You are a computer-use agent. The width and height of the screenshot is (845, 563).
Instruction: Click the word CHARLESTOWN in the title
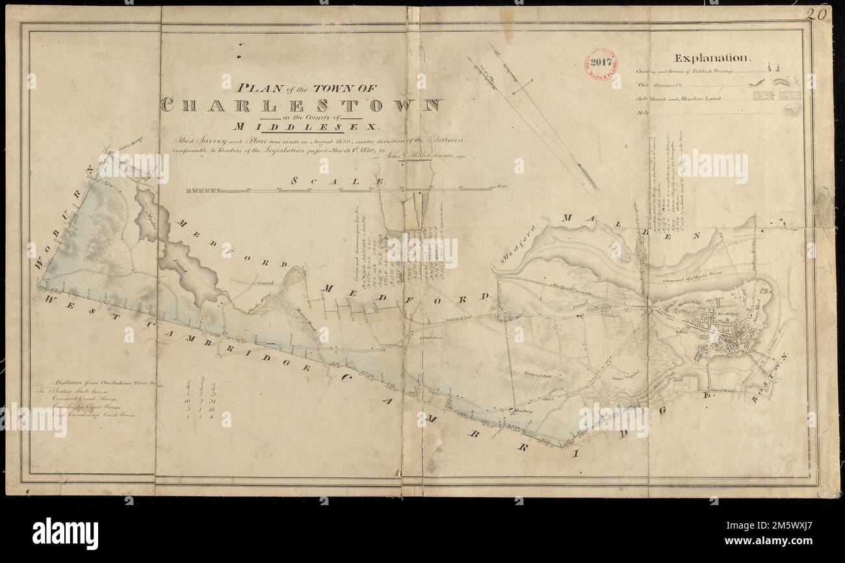coord(301,105)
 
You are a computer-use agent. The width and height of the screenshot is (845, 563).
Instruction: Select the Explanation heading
coord(713,57)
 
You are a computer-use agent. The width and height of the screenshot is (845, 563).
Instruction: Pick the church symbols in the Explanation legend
coord(773,68)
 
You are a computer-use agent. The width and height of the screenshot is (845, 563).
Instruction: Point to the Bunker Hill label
coord(719,321)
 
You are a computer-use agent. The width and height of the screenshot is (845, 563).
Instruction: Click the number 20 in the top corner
coord(818,14)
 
